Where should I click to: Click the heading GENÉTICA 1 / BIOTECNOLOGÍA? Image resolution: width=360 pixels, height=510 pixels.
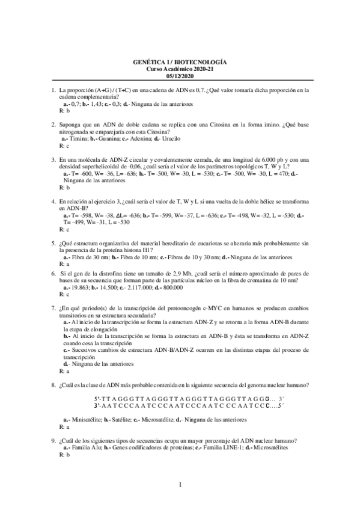tap(180, 63)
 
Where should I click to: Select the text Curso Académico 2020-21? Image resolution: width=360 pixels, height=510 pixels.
tap(180, 69)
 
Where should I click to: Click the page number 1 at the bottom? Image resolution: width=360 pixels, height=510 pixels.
tap(180, 485)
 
